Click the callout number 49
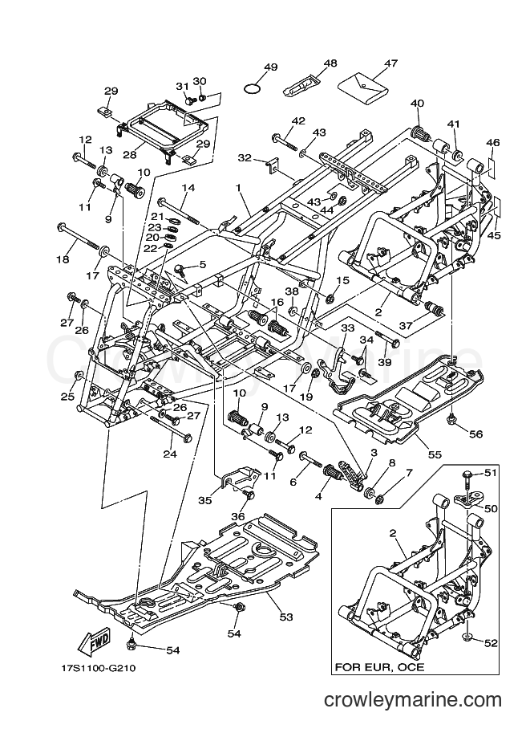coord(270,67)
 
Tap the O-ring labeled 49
coord(252,88)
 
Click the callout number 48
coord(330,63)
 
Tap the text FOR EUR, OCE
coord(379,666)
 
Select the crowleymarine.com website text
coord(413,700)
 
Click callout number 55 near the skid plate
coord(435,454)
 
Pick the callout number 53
coord(286,617)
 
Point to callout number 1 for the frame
coord(238,187)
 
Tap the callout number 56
coord(475,434)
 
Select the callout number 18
coord(63,259)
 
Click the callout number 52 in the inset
coord(491,644)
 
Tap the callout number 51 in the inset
coord(490,473)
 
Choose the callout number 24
coord(170,453)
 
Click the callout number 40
coord(417,104)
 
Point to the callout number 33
coord(347,328)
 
